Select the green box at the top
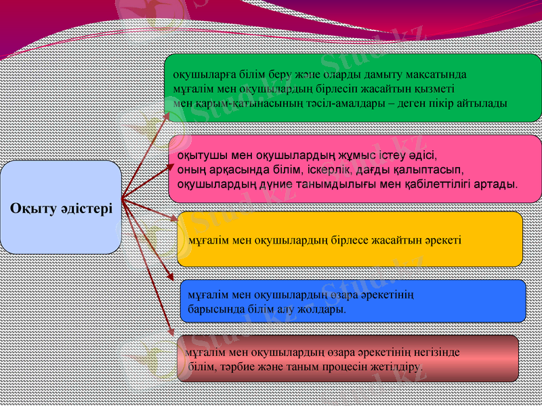pos(352,88)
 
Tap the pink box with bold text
pos(352,168)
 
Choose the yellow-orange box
pos(350,239)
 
